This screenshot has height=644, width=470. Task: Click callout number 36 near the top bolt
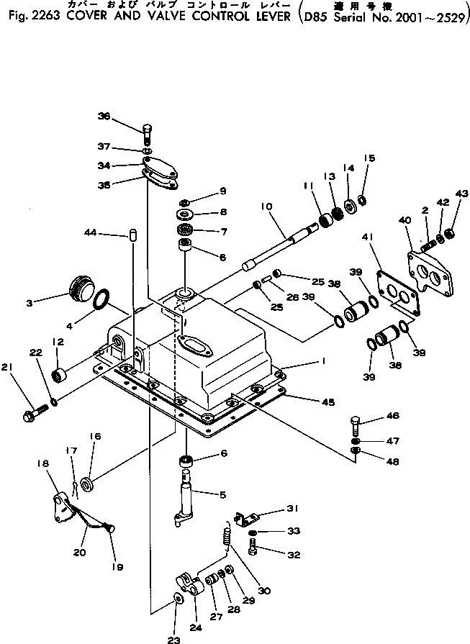104,117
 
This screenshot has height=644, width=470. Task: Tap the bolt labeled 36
147,133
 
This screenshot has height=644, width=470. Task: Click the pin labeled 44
133,235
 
